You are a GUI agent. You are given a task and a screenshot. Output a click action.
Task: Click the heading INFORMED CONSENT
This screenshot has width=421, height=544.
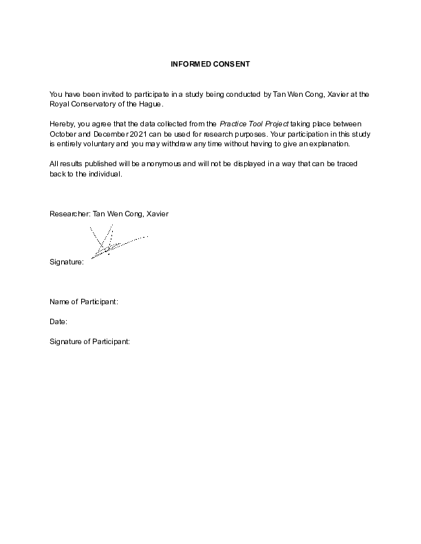point(210,64)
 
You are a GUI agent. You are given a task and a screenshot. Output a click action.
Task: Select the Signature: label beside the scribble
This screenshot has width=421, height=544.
point(67,262)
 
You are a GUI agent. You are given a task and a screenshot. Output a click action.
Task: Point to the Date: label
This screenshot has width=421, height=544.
point(58,321)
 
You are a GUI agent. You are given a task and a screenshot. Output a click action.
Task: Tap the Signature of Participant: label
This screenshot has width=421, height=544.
point(89,341)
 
